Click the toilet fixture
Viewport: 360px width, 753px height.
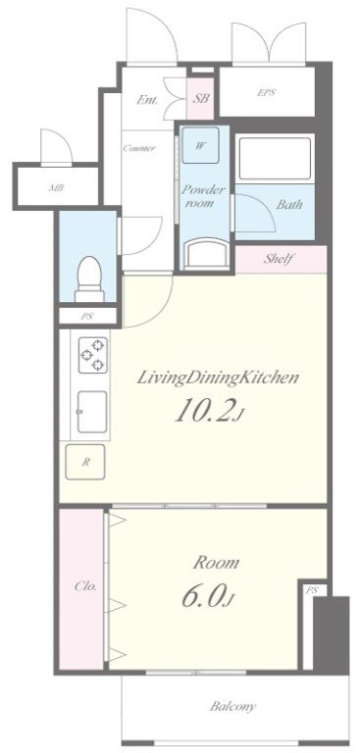(x=89, y=278)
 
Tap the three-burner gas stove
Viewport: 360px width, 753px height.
(x=93, y=354)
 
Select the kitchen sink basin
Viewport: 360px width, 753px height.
(x=92, y=412)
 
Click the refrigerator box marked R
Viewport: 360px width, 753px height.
(x=85, y=462)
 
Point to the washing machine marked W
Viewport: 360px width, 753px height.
(x=200, y=146)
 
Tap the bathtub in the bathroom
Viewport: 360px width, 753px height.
(x=275, y=160)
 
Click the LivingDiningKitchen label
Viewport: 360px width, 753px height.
(x=219, y=377)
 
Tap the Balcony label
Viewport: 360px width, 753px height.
(x=233, y=706)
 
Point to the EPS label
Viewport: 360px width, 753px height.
(x=266, y=93)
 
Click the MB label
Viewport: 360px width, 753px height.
(x=56, y=188)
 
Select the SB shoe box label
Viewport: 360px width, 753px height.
(x=201, y=99)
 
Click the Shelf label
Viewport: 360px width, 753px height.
(x=279, y=259)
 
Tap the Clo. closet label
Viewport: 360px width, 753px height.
(x=86, y=586)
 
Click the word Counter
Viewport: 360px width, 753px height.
(x=139, y=148)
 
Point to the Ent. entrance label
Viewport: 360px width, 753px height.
(x=148, y=100)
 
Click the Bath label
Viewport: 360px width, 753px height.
(x=289, y=205)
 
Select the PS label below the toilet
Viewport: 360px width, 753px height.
(x=87, y=317)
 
